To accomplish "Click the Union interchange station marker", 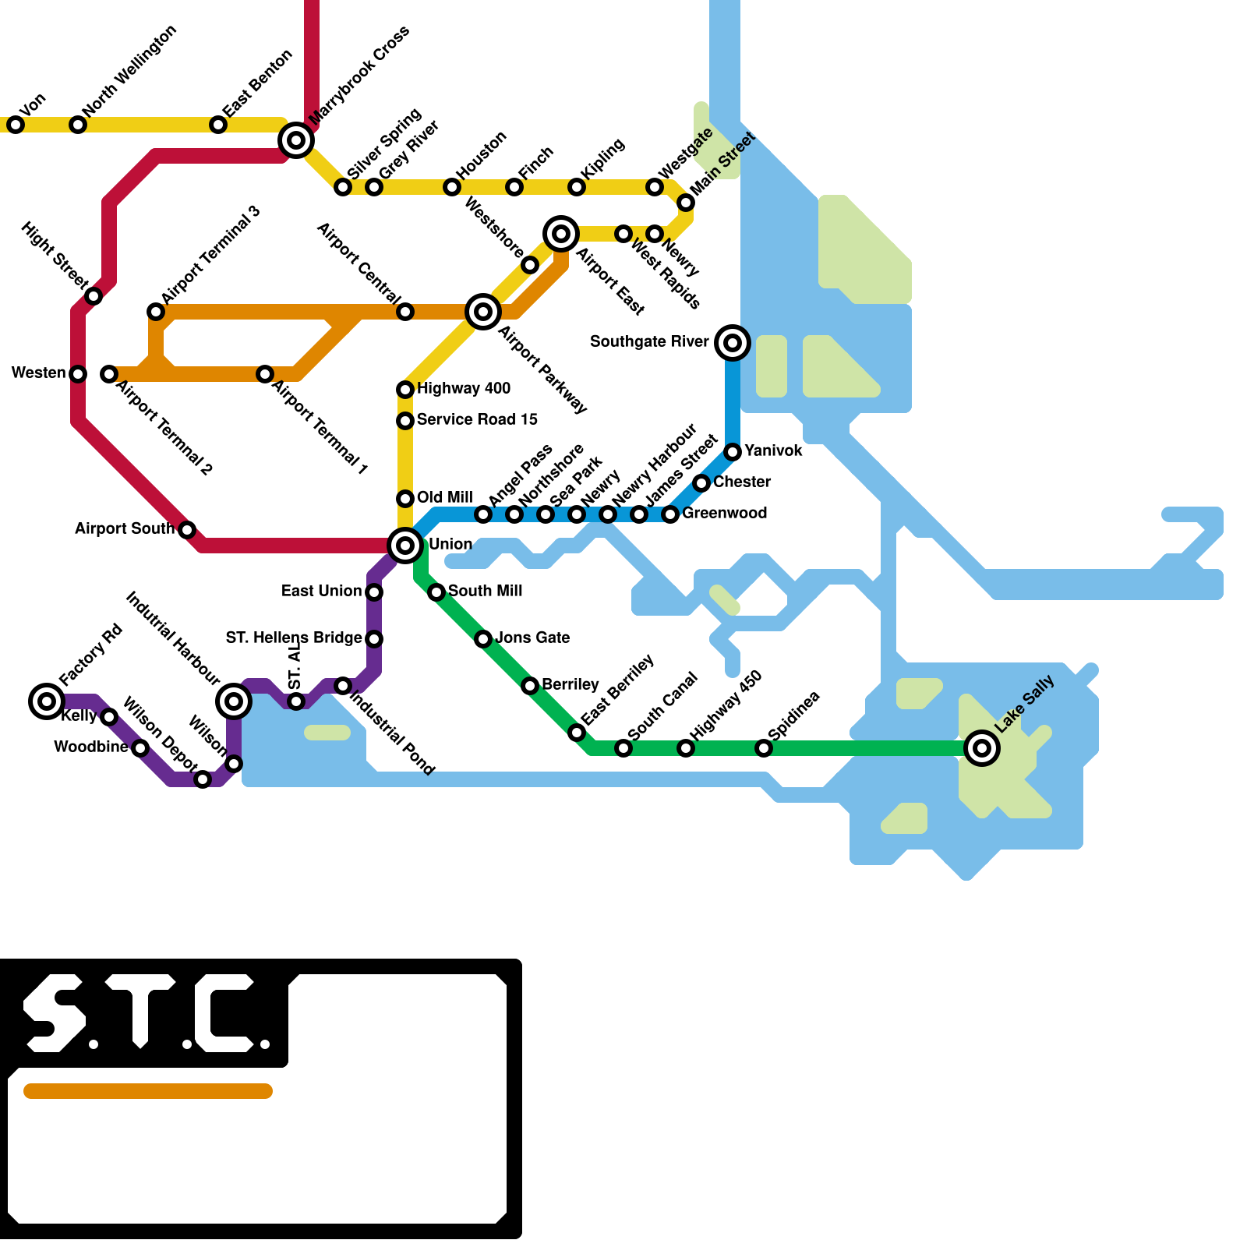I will [x=405, y=546].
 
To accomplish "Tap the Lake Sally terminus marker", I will [x=982, y=748].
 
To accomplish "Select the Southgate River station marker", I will [x=733, y=343].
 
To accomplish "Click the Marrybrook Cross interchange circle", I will [x=296, y=140].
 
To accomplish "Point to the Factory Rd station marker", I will [x=47, y=701].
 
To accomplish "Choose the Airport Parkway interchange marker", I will [x=483, y=312].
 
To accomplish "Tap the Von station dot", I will [x=16, y=125].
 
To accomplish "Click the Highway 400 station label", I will [x=464, y=388].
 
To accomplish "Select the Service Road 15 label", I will [x=477, y=419].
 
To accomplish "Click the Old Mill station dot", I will [x=405, y=499].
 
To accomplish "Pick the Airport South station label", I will [x=125, y=528].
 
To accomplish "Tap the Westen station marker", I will [x=78, y=374].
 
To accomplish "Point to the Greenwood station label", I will [x=724, y=513].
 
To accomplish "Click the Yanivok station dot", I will [x=733, y=452].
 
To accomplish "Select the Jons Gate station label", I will [x=532, y=638].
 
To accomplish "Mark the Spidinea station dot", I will [x=764, y=748].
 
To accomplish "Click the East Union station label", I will [x=321, y=591].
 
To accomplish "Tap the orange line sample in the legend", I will [x=148, y=1091].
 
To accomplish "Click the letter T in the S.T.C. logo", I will [x=140, y=1009].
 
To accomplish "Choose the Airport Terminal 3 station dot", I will [x=156, y=312].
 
